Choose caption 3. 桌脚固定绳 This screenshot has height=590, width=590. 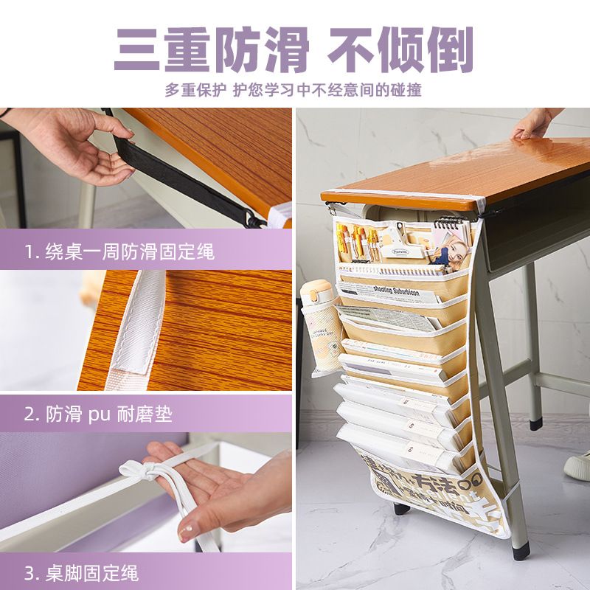coord(81,573)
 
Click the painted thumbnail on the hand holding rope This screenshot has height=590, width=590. coord(187,530)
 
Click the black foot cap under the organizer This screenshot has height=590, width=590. coord(400,508)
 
